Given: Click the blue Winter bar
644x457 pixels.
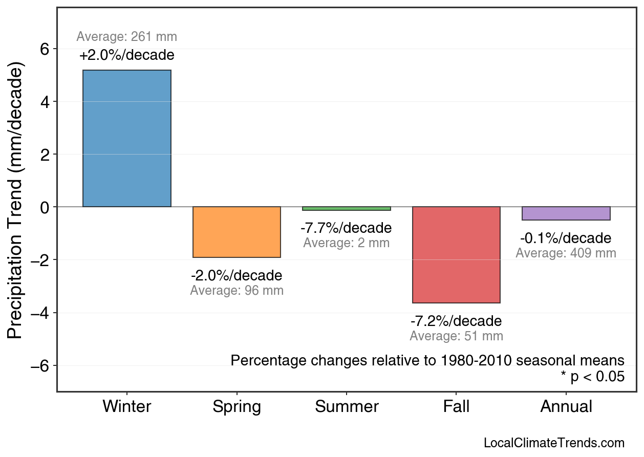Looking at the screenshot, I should tap(127, 138).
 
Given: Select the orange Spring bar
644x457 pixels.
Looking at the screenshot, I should tap(237, 232).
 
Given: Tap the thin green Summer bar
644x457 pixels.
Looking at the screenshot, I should tap(347, 208).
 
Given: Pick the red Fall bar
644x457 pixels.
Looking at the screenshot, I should tap(456, 254).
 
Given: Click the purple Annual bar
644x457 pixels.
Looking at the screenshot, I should tap(566, 213).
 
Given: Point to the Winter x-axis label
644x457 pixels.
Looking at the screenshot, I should tap(127, 407).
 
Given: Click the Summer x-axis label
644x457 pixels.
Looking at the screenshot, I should tap(347, 407).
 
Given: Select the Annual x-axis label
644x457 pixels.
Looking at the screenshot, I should tap(566, 407).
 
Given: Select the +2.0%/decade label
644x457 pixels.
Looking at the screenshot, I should tap(127, 55).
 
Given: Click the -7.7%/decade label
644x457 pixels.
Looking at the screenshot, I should tap(346, 228).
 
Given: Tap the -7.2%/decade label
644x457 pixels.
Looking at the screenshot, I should tap(456, 321).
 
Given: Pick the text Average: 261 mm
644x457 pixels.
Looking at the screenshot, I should tap(127, 37).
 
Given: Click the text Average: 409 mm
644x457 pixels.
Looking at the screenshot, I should tap(566, 253).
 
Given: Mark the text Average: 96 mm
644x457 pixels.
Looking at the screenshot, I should tap(237, 291).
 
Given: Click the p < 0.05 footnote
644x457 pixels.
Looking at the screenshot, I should tap(592, 377).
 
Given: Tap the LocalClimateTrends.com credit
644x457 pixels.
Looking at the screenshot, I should tap(554, 443).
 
